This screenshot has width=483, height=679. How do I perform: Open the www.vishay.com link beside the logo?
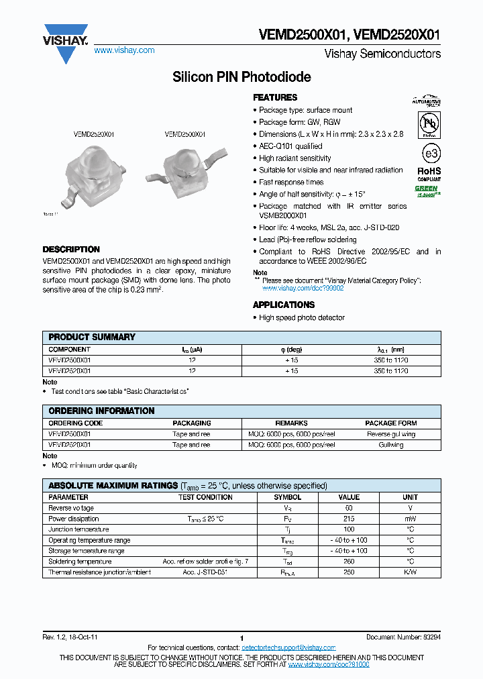(124, 50)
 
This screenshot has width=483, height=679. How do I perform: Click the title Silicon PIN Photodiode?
(241, 77)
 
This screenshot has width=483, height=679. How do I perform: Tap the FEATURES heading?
(275, 97)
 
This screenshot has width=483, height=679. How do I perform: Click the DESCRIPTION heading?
(71, 249)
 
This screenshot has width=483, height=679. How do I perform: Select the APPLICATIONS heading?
(284, 305)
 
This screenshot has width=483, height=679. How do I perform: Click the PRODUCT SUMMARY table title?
(92, 337)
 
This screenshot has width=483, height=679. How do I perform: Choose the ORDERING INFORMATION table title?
(101, 411)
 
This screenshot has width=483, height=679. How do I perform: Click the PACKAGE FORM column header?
(390, 423)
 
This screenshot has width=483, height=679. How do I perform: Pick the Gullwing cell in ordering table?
(390, 445)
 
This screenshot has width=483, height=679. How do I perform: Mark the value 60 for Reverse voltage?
(349, 508)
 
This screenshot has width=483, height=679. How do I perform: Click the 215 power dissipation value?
(349, 519)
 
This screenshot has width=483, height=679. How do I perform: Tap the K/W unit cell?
(410, 572)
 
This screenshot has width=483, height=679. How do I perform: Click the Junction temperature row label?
(74, 529)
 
